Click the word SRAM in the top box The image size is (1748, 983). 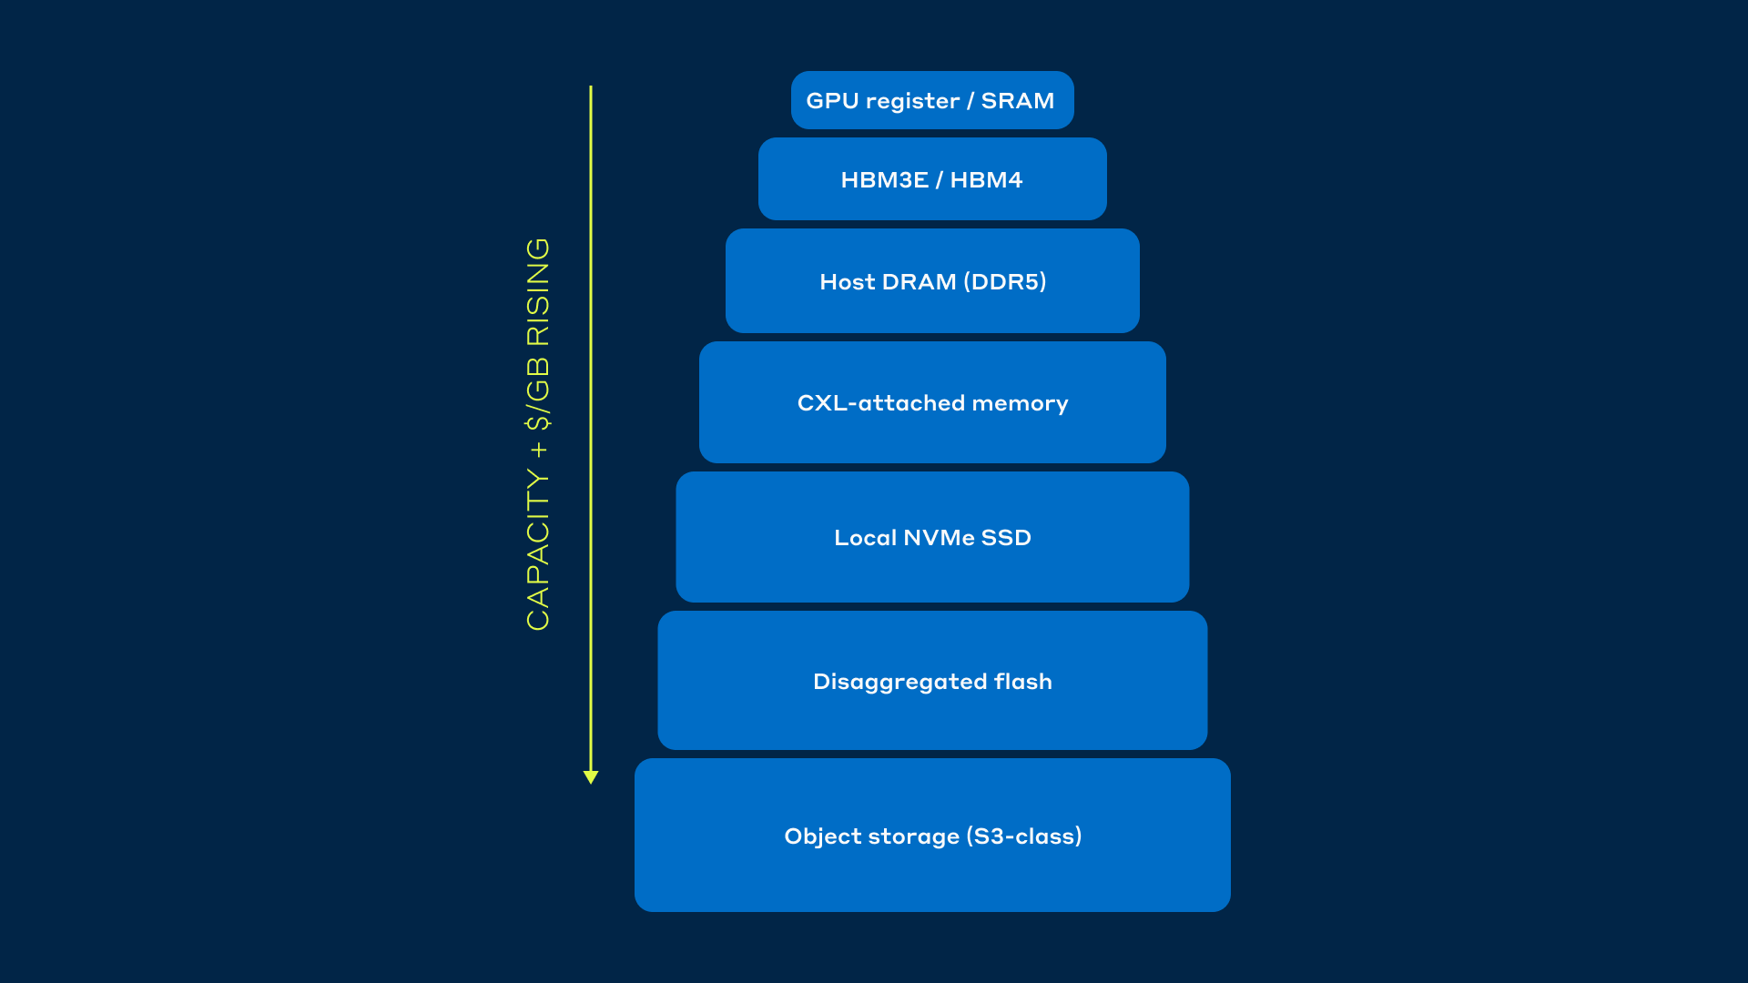click(1017, 100)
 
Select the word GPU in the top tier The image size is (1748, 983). click(832, 100)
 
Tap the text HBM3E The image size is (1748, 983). click(884, 180)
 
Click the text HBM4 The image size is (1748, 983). click(986, 180)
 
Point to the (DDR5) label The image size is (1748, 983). click(1004, 282)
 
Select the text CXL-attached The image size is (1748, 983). click(880, 403)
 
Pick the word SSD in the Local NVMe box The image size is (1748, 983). click(1006, 538)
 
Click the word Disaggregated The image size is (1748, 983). click(899, 683)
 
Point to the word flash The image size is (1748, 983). click(1023, 681)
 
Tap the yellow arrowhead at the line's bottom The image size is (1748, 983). click(591, 777)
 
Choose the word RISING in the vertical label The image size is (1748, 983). click(538, 291)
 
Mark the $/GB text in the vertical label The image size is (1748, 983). click(538, 393)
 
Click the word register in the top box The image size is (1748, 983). click(912, 102)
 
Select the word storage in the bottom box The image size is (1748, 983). click(914, 837)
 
